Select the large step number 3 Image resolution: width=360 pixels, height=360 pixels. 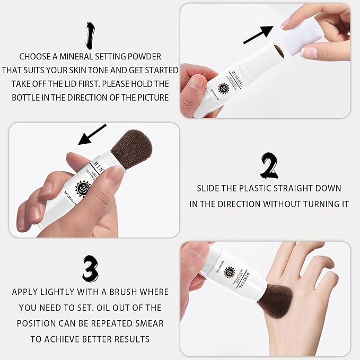(x=91, y=269)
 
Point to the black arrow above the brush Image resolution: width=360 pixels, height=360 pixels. (x=92, y=134)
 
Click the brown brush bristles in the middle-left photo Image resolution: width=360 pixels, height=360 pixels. (x=129, y=146)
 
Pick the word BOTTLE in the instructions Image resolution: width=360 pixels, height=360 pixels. (x=30, y=98)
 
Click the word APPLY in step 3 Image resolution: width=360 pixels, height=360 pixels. (x=29, y=292)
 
